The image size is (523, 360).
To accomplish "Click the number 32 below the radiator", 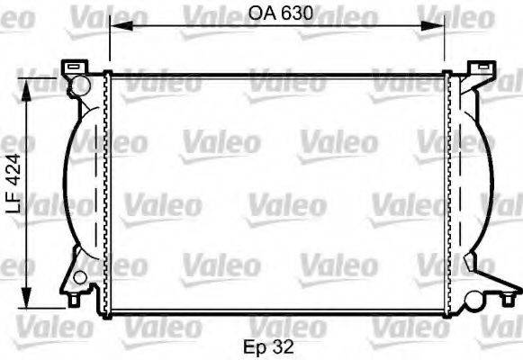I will (286, 344).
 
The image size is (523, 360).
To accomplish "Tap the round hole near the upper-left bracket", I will (80, 86).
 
